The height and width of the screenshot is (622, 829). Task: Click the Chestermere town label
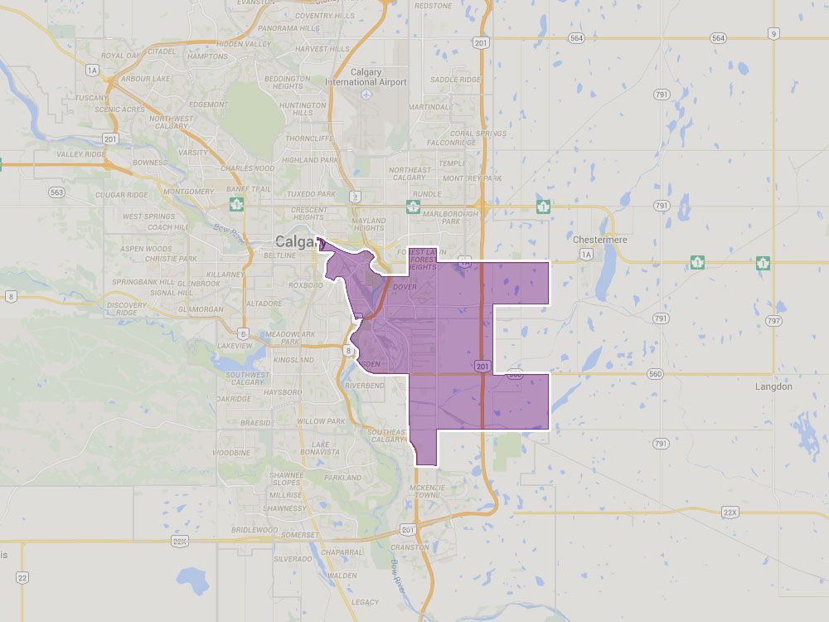pyautogui.click(x=600, y=240)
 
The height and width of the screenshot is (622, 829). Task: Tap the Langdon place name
pyautogui.click(x=773, y=386)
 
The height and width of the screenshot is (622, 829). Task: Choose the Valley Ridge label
pyautogui.click(x=80, y=154)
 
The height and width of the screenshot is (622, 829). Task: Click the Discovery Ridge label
pyautogui.click(x=127, y=309)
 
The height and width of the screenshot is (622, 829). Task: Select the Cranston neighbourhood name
pyautogui.click(x=410, y=547)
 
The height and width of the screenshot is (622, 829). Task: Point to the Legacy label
pyautogui.click(x=365, y=602)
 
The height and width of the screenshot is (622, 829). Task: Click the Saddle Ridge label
pyautogui.click(x=455, y=80)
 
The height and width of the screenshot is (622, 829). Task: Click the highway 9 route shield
pyautogui.click(x=773, y=33)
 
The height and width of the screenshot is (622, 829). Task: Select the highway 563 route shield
pyautogui.click(x=56, y=192)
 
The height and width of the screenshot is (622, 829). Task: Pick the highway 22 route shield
pyautogui.click(x=22, y=577)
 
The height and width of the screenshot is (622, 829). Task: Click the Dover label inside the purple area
pyautogui.click(x=405, y=287)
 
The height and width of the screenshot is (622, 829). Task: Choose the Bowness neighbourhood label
pyautogui.click(x=149, y=163)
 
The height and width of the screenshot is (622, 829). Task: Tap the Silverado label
pyautogui.click(x=293, y=560)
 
